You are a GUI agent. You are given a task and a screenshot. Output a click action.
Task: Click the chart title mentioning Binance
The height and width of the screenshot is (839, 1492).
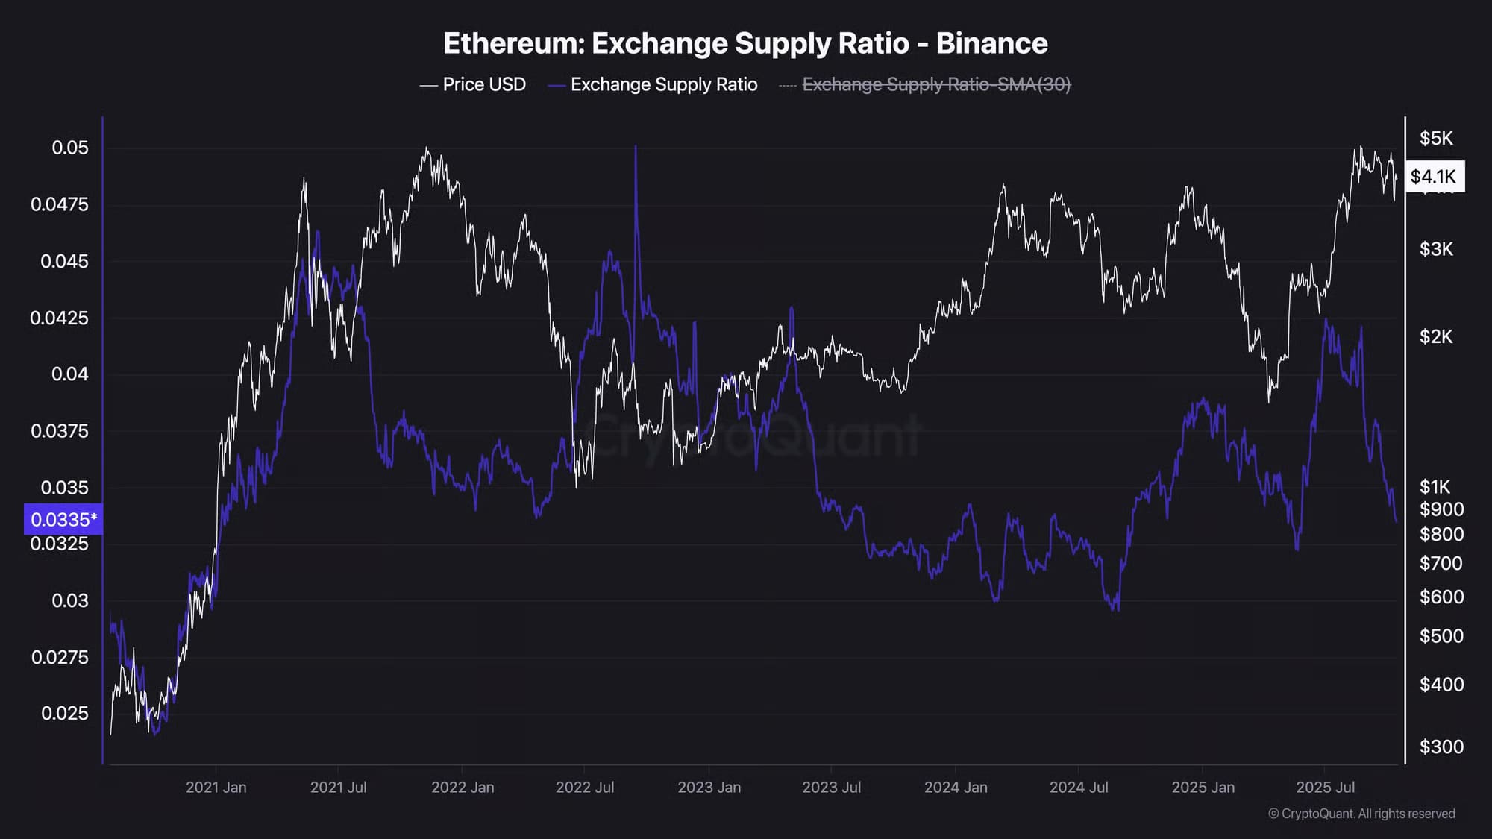tap(745, 43)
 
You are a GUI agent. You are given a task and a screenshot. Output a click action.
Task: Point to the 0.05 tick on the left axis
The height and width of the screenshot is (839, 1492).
tap(70, 148)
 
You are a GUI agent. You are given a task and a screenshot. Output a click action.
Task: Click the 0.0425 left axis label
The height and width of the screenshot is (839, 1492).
tap(59, 318)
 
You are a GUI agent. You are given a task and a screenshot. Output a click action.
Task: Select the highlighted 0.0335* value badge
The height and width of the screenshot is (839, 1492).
tap(63, 519)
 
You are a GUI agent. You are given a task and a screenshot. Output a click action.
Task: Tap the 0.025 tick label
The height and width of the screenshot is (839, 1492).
tap(65, 713)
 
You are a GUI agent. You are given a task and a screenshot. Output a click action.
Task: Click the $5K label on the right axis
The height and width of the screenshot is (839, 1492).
tap(1436, 138)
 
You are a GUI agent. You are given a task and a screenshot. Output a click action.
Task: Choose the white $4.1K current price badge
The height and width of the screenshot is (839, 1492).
tap(1434, 177)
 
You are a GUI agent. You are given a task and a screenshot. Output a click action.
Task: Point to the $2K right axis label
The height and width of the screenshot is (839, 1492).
tap(1436, 336)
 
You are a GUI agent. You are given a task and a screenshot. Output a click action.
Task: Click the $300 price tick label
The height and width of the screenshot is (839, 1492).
tap(1441, 747)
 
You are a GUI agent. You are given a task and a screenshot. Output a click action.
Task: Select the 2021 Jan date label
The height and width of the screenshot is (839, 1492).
tap(216, 787)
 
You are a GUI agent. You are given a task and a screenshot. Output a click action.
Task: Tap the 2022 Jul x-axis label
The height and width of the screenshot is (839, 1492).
tap(585, 787)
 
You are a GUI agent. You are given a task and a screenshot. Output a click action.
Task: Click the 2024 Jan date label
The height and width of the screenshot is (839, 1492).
tap(956, 787)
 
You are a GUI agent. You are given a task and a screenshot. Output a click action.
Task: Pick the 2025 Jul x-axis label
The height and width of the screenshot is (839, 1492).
tap(1325, 787)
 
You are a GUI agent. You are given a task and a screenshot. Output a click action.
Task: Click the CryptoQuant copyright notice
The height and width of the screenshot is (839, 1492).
tap(1361, 814)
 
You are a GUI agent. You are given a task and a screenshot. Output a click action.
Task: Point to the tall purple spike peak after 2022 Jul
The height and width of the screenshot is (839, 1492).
tap(636, 148)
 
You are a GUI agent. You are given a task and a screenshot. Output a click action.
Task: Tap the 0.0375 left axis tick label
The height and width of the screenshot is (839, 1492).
tap(59, 431)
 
